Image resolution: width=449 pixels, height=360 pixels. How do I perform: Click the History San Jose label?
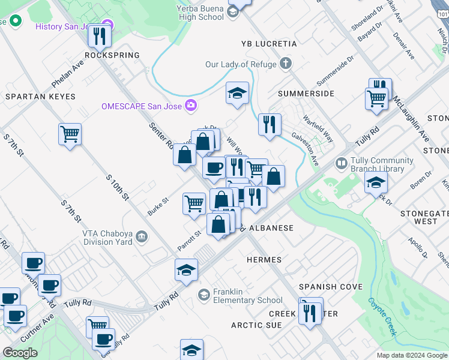click(65, 26)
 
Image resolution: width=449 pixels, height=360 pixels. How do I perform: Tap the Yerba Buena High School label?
click(200, 13)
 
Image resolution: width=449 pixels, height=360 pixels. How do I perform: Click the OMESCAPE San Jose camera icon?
click(191, 106)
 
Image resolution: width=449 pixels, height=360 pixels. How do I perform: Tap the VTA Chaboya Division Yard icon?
click(142, 236)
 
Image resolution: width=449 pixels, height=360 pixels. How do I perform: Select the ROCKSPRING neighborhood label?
click(112, 55)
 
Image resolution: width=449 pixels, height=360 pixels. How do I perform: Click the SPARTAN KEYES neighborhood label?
click(40, 97)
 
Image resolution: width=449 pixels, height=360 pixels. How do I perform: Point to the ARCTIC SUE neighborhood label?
click(256, 325)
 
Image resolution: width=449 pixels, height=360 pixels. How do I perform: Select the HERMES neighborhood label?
click(264, 260)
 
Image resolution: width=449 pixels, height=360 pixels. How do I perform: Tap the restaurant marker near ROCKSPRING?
click(100, 37)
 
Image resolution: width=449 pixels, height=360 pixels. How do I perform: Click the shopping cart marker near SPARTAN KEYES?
click(70, 133)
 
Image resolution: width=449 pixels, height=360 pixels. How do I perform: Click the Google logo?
click(20, 353)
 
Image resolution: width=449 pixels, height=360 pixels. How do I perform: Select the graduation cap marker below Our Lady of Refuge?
click(238, 93)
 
